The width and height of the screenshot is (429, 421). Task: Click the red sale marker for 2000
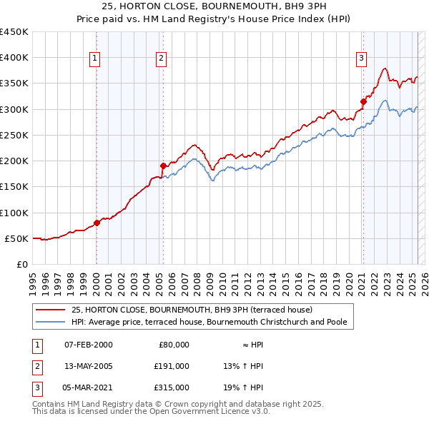point(97,223)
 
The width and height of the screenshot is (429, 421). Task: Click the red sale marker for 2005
point(163,166)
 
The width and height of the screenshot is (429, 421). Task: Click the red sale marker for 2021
point(363,101)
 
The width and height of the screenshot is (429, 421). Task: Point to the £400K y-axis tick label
point(14,58)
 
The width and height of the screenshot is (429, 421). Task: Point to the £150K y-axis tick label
point(14,187)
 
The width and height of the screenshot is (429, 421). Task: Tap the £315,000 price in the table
point(172,387)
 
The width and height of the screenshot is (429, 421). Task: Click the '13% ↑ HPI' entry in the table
point(243,366)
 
